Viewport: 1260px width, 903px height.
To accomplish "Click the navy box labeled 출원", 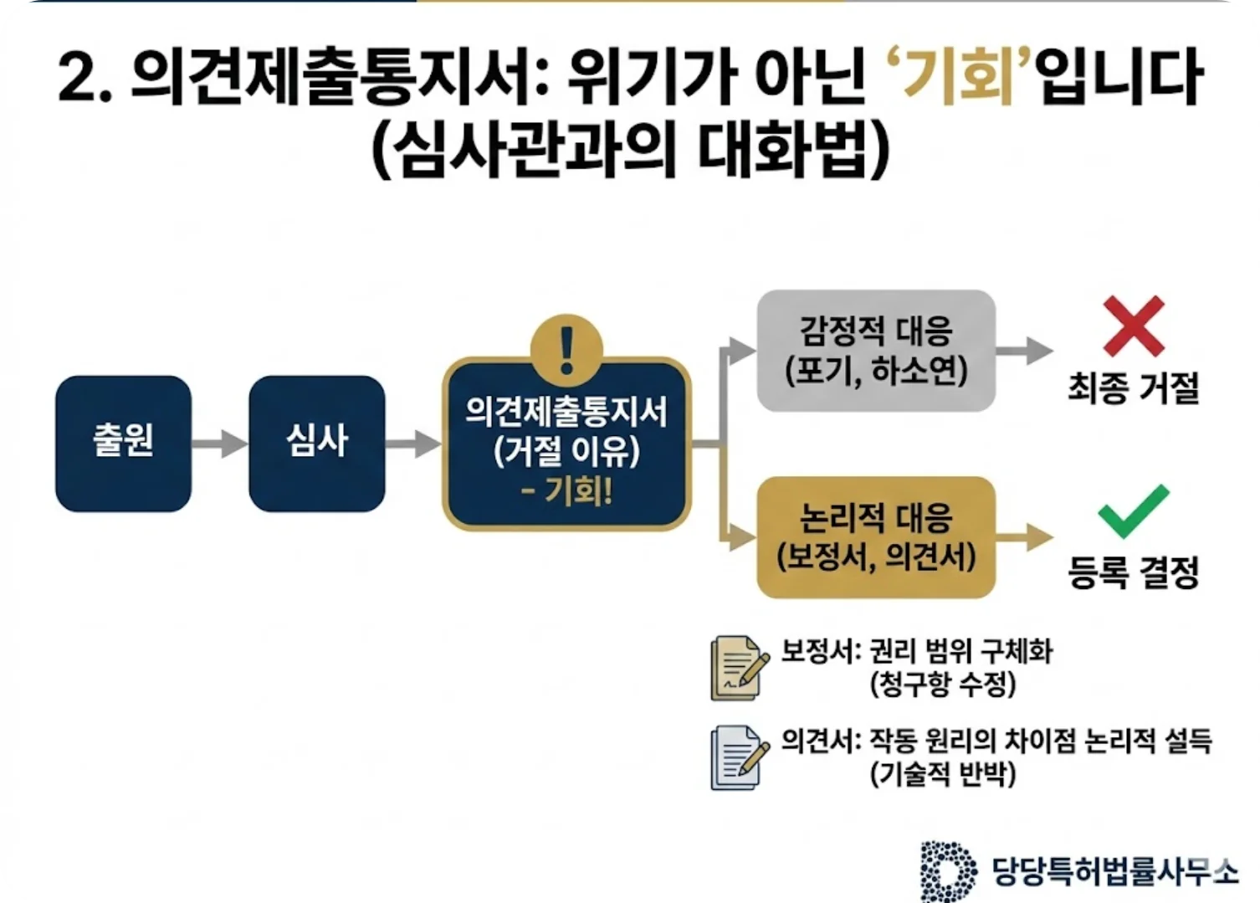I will [x=123, y=443].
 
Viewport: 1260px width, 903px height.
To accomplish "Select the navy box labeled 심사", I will [x=316, y=443].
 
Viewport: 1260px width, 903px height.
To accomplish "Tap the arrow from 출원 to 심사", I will [x=219, y=443].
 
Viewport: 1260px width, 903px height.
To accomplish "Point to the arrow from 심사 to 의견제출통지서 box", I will [x=412, y=444].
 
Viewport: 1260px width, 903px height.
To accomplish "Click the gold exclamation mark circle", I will [x=566, y=347].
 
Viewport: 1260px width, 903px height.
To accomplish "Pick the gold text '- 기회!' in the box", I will [x=566, y=490].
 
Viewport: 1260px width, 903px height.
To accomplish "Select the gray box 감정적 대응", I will [x=876, y=351].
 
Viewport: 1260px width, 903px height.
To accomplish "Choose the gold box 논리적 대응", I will [x=876, y=537].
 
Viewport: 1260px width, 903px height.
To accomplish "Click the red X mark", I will [x=1134, y=326].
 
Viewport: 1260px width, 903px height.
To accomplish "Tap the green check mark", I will [x=1133, y=511].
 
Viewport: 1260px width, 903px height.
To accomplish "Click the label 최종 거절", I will [x=1134, y=387].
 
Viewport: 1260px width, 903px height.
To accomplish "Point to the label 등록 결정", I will [x=1134, y=572].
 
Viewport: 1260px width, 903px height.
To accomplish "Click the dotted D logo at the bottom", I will [x=948, y=871].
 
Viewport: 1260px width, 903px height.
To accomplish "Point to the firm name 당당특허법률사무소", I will [x=1114, y=871].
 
